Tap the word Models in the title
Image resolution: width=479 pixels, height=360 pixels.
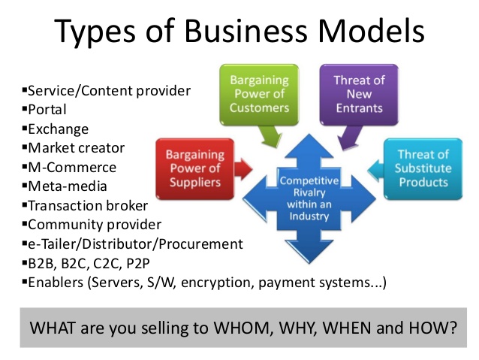point(372,31)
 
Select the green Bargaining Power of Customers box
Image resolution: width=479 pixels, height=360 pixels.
point(259,95)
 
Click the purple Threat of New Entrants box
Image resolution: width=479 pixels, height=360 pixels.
point(359,95)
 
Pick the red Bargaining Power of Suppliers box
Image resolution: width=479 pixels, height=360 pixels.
point(195,169)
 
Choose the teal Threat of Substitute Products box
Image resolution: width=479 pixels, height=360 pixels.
point(423,169)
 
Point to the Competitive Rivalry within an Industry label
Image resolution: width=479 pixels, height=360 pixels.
point(309,198)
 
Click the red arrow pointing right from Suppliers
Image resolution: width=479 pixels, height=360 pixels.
point(243,169)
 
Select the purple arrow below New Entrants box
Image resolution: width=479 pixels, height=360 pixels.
point(350,138)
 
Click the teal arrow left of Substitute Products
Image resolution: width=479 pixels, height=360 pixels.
point(375,169)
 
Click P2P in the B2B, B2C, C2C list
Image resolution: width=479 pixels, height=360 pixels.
point(138,263)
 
